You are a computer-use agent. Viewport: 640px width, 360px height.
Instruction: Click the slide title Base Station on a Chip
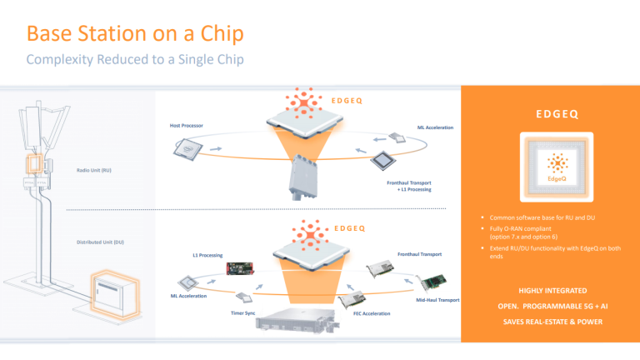[135, 35]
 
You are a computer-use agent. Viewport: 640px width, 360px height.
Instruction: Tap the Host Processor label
[187, 126]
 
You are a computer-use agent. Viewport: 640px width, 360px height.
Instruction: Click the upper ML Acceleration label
[434, 127]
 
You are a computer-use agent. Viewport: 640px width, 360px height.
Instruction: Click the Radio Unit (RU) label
[93, 171]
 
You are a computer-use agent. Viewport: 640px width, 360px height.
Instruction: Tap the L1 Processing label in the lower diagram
[206, 254]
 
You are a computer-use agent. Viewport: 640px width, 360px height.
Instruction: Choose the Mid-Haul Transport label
[437, 300]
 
